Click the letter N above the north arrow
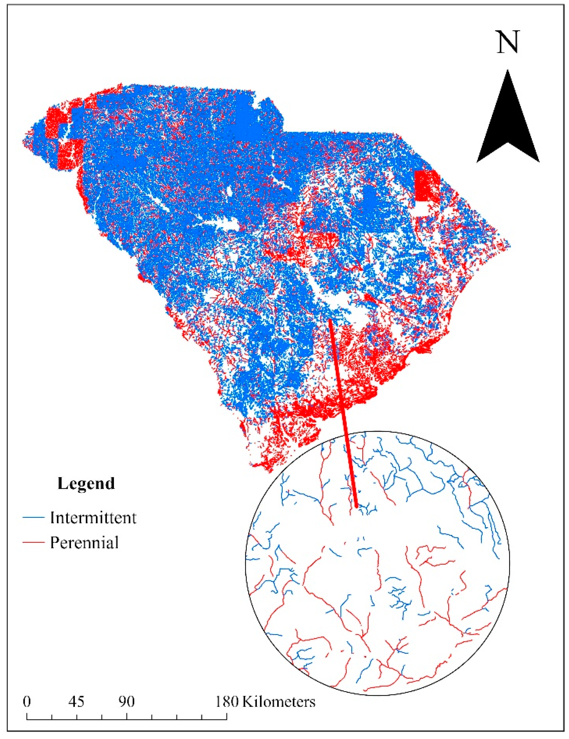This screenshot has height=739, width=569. [507, 42]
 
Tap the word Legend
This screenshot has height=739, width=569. [86, 484]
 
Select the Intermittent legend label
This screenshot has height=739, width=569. [93, 518]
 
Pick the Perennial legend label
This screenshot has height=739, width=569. [84, 543]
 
